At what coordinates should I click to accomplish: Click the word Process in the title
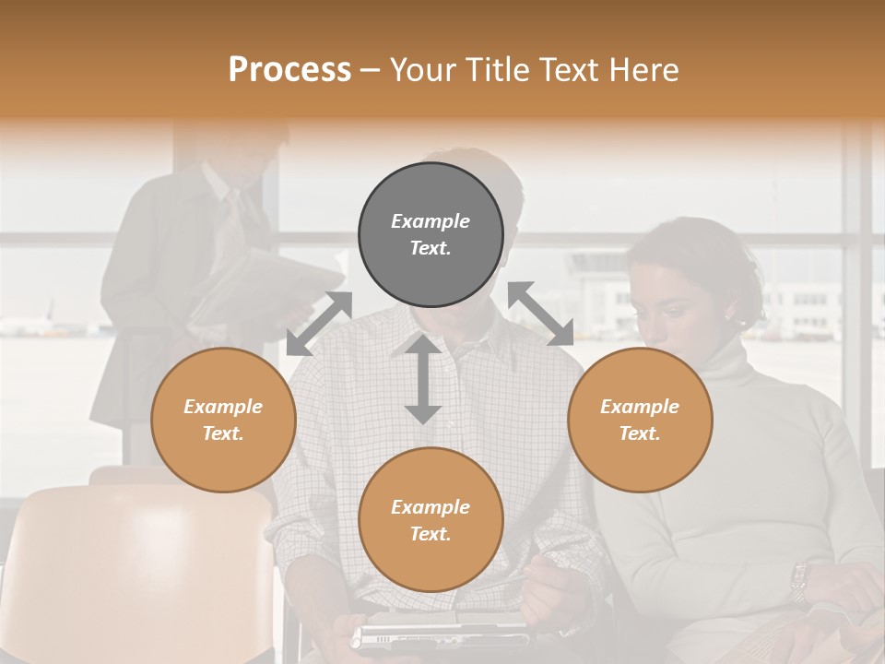pos(289,70)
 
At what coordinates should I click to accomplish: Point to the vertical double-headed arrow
pos(423,379)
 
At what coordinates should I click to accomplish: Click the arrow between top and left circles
pos(319,323)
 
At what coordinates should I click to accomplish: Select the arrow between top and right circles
pos(540,314)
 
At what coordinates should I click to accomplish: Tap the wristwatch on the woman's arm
pos(799,581)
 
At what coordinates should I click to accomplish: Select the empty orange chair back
pos(138,563)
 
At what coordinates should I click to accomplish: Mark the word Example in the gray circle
pos(431,221)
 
